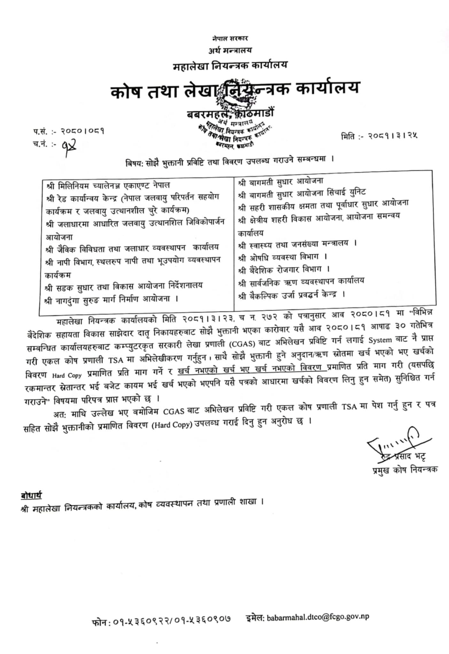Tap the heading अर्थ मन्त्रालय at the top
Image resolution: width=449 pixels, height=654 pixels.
[230, 50]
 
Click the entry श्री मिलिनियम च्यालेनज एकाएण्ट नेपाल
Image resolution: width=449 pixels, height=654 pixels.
[108, 186]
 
